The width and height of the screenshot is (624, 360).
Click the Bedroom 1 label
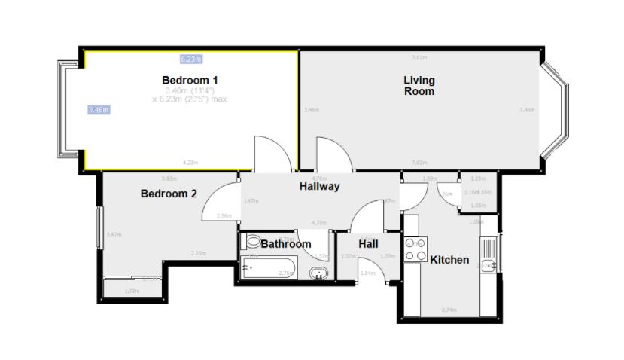190,80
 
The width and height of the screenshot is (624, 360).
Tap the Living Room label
419,85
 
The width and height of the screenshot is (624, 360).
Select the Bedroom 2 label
169,194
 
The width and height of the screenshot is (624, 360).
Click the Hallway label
320,186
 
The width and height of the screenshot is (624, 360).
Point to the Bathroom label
286,244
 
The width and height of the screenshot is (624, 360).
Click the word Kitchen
449,260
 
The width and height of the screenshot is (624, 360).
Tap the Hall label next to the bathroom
368,244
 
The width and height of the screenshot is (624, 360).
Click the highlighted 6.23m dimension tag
190,58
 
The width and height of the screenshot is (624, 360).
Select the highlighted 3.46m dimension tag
99,110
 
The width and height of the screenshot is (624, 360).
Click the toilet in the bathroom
252,243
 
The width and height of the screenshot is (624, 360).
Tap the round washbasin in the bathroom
320,273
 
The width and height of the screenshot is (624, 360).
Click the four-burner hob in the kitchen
415,250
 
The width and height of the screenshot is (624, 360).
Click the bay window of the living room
558,110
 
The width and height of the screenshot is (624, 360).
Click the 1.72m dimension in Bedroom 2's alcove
132,290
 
